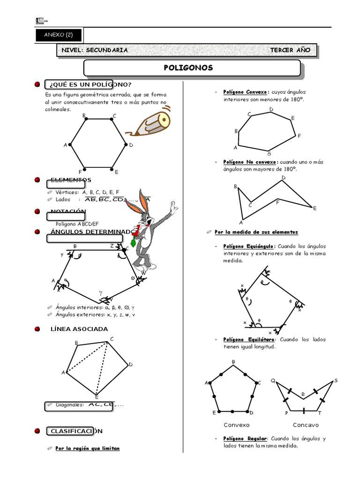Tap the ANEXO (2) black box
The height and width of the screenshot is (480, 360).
click(59, 35)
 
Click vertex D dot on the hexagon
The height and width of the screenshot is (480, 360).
click(126, 145)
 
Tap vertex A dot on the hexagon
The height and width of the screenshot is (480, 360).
click(70, 145)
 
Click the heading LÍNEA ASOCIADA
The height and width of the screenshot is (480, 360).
click(79, 329)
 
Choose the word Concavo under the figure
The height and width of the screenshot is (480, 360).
click(305, 425)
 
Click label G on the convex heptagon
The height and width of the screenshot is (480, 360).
click(269, 154)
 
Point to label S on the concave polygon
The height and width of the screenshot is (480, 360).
click(336, 381)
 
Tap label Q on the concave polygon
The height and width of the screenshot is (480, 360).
click(273, 381)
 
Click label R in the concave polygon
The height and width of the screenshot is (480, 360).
click(303, 395)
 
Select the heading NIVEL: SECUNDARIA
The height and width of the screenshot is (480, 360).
click(91, 51)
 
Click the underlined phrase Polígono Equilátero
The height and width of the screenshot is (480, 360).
click(248, 339)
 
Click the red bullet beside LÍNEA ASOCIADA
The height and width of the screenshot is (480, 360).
click(37, 329)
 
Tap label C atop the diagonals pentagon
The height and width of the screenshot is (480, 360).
click(112, 339)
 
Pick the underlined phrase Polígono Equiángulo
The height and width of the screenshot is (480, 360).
click(249, 246)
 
